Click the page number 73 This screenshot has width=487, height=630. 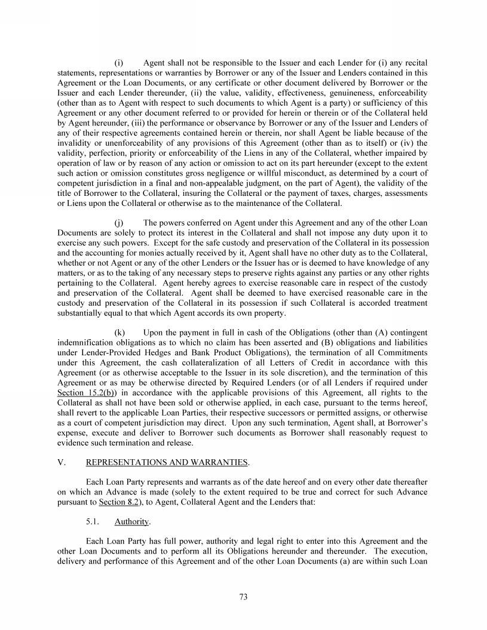tap(243, 597)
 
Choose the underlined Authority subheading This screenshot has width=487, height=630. tap(131, 521)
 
